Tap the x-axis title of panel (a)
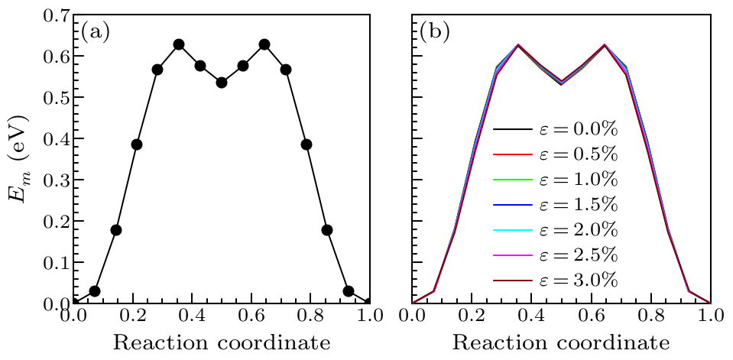[222, 343]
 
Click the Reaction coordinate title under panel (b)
[562, 343]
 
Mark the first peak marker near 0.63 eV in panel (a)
[179, 44]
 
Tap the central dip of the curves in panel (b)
[562, 83]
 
